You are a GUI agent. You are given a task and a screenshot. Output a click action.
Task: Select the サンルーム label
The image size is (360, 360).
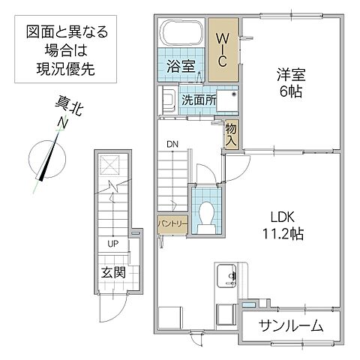291,325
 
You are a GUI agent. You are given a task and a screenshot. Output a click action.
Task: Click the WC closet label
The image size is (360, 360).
223,47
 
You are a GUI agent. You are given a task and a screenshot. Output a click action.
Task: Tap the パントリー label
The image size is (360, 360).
172,223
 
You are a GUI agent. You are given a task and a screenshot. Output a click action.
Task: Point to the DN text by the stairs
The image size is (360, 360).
172,144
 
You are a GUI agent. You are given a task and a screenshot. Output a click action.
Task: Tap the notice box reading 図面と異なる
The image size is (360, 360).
67,49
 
